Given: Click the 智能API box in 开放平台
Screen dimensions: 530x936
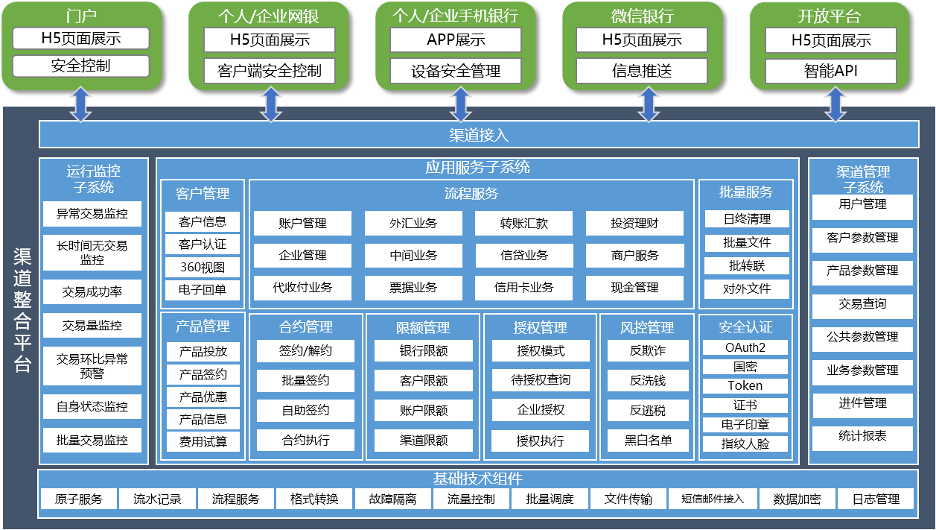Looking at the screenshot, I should (830, 72).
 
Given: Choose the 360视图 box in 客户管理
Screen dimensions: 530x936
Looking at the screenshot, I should (203, 267).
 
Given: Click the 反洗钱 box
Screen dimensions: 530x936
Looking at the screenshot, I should (647, 380).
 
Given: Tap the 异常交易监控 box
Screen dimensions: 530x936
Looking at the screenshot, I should (92, 214).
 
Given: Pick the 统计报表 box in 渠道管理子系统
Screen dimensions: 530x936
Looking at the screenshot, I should (862, 436).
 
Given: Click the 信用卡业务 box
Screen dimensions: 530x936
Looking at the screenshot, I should (523, 287).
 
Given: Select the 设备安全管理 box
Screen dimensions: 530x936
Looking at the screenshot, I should (456, 72).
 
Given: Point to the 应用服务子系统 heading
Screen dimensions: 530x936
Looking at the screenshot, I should (477, 167).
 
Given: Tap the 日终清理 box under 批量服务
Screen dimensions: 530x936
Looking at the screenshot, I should (746, 219).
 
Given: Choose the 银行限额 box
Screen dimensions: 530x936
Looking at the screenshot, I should (423, 350).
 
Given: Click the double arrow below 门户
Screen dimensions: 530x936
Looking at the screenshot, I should (80, 104).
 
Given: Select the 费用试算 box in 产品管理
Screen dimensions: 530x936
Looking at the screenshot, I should (203, 442).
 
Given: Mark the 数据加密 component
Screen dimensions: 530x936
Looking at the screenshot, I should (796, 499).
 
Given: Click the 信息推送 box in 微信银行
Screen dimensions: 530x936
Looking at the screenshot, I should (642, 72).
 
